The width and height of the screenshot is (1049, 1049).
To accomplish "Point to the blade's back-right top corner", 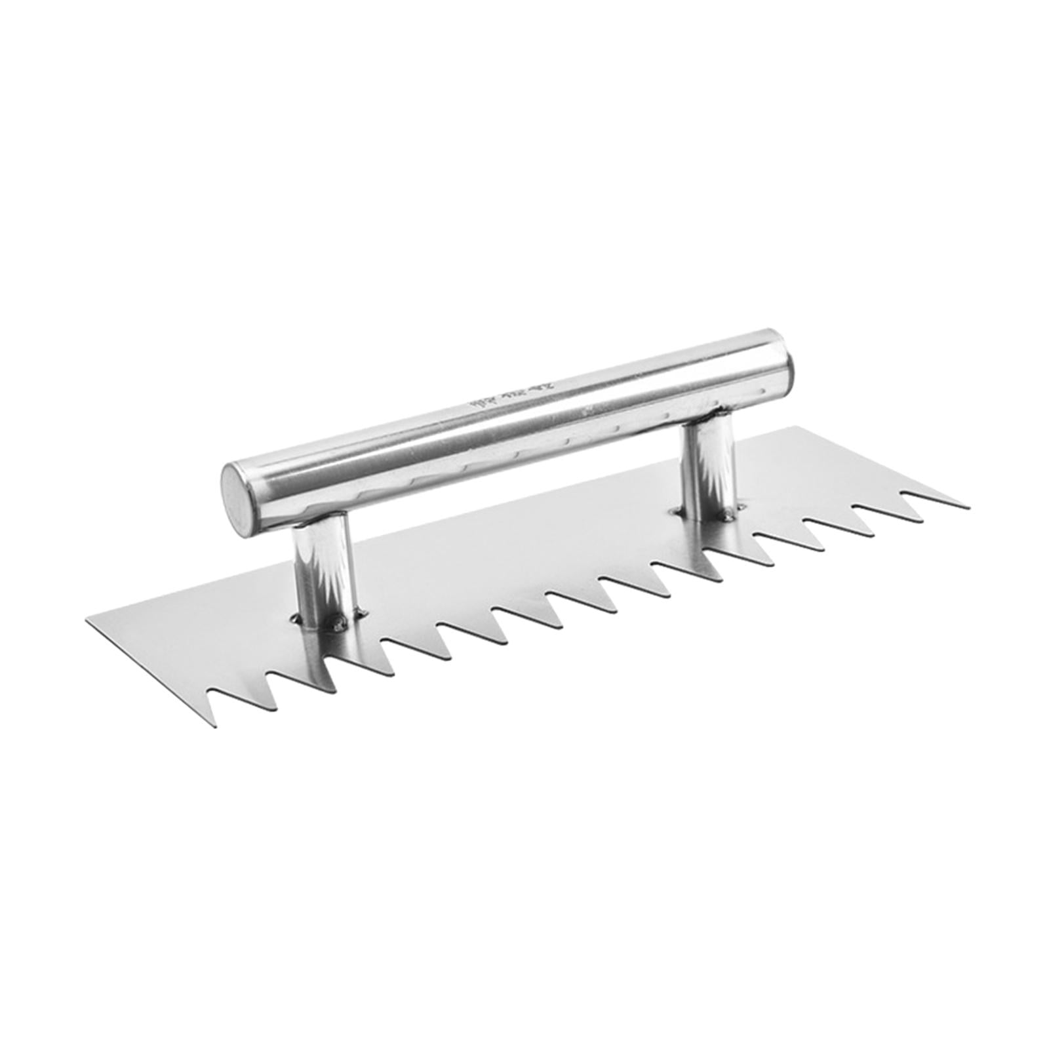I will pyautogui.click(x=796, y=427).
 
